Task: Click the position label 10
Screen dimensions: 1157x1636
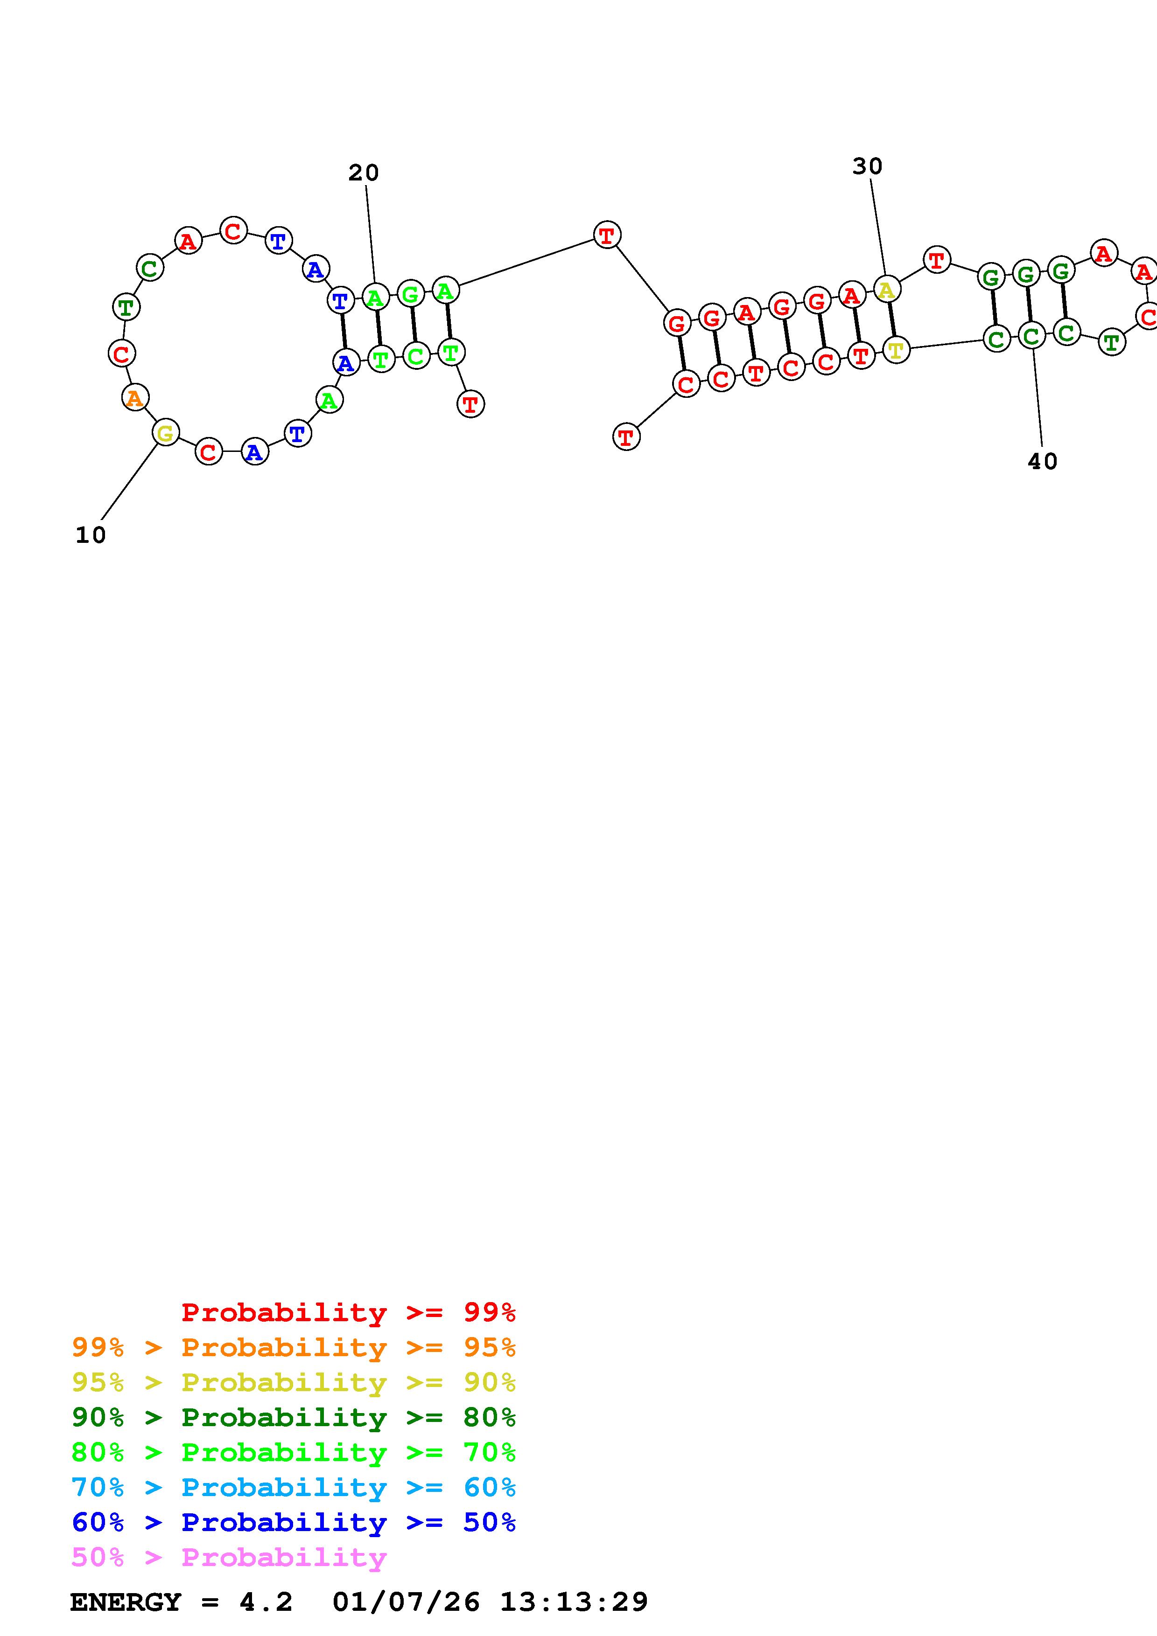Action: pyautogui.click(x=91, y=535)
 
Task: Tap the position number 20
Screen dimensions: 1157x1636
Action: pyautogui.click(x=364, y=173)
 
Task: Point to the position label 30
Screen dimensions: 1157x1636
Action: pyautogui.click(x=867, y=166)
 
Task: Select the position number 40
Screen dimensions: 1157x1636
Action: pyautogui.click(x=1042, y=462)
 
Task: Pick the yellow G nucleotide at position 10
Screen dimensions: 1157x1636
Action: pyautogui.click(x=165, y=432)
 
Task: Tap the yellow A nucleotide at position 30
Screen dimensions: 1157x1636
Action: pyautogui.click(x=886, y=289)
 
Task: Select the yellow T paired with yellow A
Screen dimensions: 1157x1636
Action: pyautogui.click(x=896, y=350)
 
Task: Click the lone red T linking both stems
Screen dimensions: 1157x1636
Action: pyautogui.click(x=607, y=235)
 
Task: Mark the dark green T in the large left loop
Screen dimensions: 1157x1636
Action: pyautogui.click(x=126, y=307)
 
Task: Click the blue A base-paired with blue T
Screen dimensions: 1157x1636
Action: pyautogui.click(x=346, y=363)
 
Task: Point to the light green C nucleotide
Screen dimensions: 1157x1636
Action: pyautogui.click(x=415, y=355)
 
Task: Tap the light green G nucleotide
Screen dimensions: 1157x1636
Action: pyautogui.click(x=411, y=293)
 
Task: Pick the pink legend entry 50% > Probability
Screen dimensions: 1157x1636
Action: pyautogui.click(x=229, y=1558)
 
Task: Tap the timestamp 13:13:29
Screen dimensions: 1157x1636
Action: pyautogui.click(x=574, y=1602)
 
